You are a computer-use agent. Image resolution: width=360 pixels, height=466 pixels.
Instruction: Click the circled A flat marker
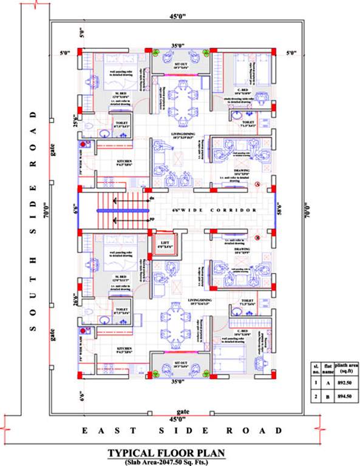[x=257, y=183]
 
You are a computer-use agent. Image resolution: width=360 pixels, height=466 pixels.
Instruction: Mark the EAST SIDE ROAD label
[x=182, y=430]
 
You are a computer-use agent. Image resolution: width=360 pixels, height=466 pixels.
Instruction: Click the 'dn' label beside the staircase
[x=152, y=199]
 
